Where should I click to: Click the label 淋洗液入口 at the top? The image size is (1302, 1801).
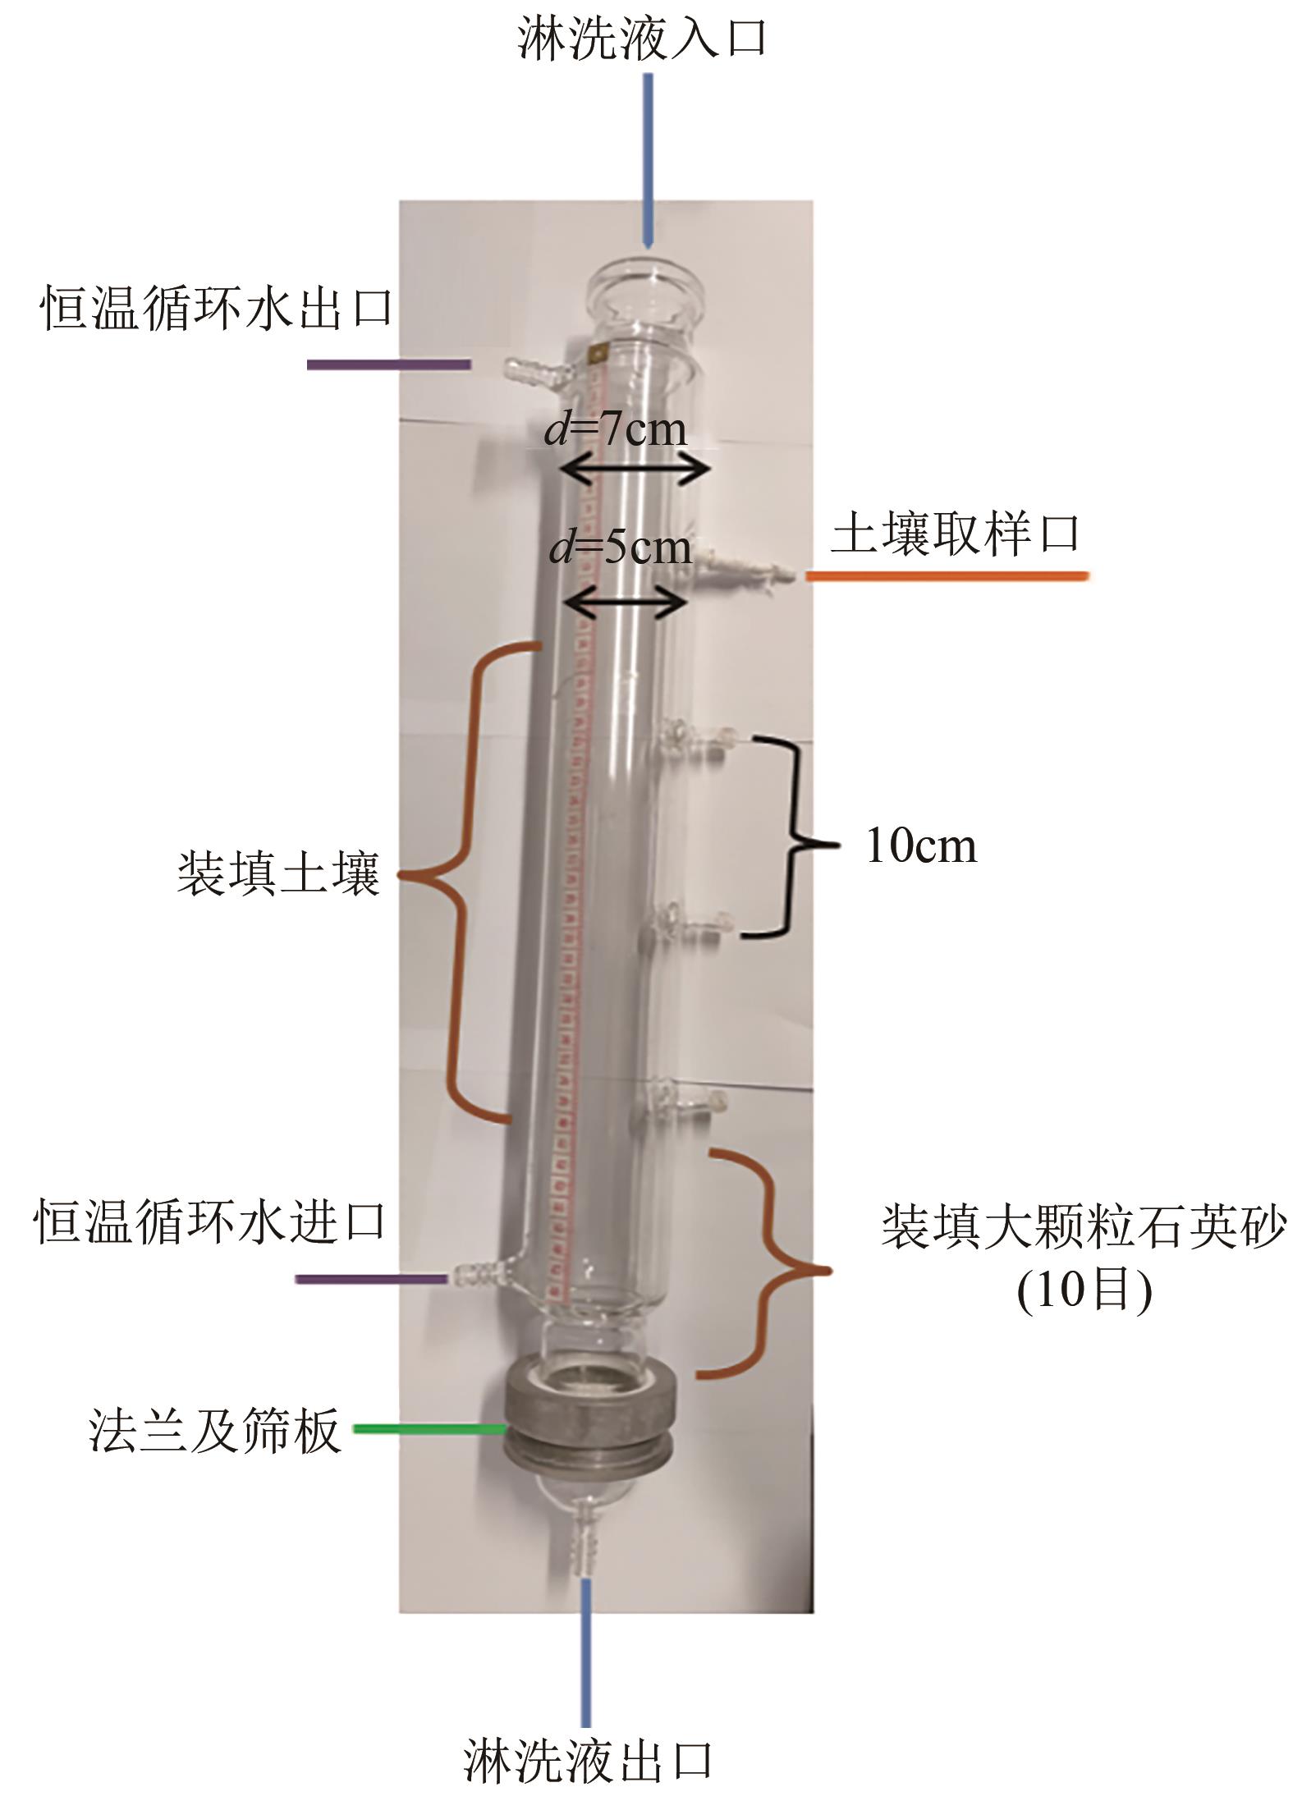(x=642, y=39)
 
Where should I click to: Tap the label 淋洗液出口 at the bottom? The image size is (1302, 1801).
(x=587, y=1760)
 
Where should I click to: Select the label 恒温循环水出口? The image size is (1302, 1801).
(x=217, y=310)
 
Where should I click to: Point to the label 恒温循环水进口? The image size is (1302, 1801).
(x=210, y=1222)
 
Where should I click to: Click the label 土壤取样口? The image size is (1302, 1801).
(x=956, y=535)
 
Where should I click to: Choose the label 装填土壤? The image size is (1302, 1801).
(x=278, y=873)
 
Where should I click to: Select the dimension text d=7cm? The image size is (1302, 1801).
(x=616, y=429)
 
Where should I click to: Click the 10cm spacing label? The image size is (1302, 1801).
(x=921, y=846)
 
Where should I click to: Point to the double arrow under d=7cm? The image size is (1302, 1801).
(x=634, y=470)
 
